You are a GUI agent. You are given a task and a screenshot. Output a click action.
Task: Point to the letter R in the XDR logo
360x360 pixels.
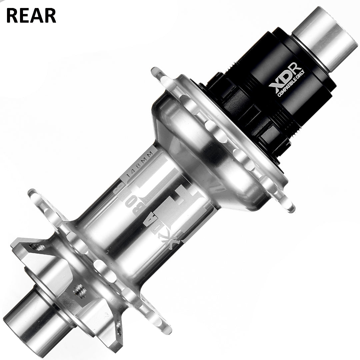point(295,73)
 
